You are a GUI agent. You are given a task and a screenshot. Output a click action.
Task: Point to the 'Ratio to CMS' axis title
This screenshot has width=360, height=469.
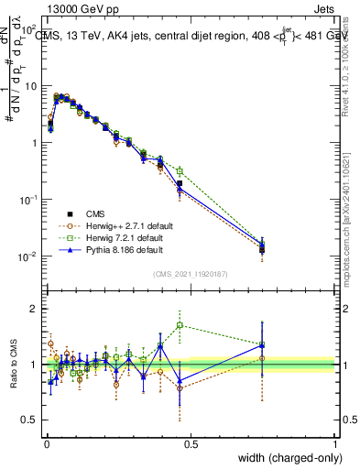point(13,365)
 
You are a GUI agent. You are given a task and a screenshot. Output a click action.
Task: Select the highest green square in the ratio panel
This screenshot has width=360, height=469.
point(180,325)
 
